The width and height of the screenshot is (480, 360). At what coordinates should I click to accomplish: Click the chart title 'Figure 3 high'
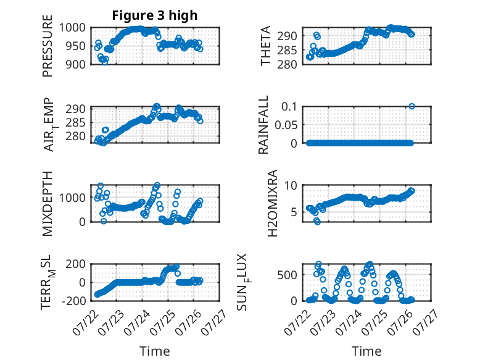click(x=155, y=15)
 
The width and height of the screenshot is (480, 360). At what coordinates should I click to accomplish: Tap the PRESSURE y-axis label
click(x=48, y=46)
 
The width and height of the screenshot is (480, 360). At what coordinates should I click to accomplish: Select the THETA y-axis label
click(x=266, y=46)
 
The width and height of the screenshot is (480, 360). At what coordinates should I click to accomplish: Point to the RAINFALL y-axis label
click(x=263, y=125)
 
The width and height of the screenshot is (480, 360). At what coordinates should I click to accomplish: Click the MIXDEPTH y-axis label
click(x=48, y=204)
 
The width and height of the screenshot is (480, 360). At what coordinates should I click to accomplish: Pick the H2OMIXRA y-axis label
click(x=273, y=203)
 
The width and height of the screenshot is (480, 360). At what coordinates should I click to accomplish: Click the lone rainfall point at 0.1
click(x=412, y=106)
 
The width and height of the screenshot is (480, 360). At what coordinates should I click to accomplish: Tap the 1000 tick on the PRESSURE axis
click(x=72, y=28)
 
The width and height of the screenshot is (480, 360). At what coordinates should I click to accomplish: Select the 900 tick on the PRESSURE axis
click(x=76, y=64)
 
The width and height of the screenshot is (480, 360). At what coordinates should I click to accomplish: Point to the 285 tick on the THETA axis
click(x=287, y=50)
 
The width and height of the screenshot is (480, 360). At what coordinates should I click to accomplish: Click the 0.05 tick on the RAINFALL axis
click(x=286, y=125)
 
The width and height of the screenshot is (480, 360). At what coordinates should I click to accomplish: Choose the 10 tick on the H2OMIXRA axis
click(x=291, y=185)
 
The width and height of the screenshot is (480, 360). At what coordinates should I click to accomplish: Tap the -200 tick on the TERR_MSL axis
click(x=74, y=301)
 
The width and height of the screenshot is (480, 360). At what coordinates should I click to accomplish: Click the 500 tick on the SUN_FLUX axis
click(x=287, y=275)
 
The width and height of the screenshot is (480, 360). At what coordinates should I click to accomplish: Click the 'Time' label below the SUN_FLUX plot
click(x=366, y=351)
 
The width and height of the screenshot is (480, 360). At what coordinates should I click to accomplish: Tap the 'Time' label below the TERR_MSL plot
click(x=155, y=351)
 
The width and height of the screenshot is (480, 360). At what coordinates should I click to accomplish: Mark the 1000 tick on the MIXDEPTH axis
click(x=72, y=198)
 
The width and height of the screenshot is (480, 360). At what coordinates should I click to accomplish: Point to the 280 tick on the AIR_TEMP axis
click(x=76, y=136)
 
